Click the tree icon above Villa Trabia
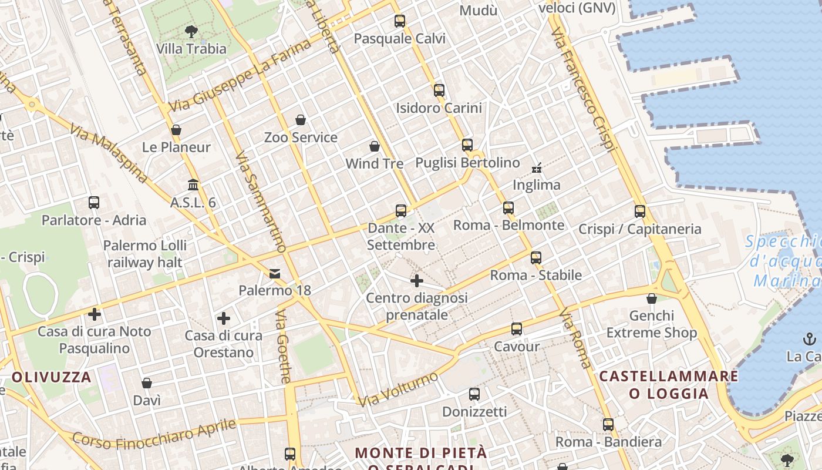[x=191, y=31]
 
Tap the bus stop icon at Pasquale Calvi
[x=400, y=21]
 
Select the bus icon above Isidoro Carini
[x=439, y=90]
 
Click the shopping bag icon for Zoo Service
[x=301, y=120]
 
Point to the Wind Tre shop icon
[x=375, y=146]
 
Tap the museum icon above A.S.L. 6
[x=193, y=185]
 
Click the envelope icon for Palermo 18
[x=275, y=273]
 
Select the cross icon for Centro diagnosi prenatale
[x=417, y=281]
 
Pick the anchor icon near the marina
[x=810, y=339]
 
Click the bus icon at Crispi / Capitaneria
[x=640, y=211]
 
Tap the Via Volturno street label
[x=399, y=389]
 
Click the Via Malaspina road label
[x=109, y=153]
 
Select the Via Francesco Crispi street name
[x=583, y=88]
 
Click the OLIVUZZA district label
[x=51, y=377]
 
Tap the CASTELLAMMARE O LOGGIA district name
[x=669, y=384]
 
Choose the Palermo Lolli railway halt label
[x=145, y=253]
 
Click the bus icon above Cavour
[x=517, y=329]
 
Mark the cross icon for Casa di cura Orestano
[x=224, y=318]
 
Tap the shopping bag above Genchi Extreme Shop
[x=652, y=298]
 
